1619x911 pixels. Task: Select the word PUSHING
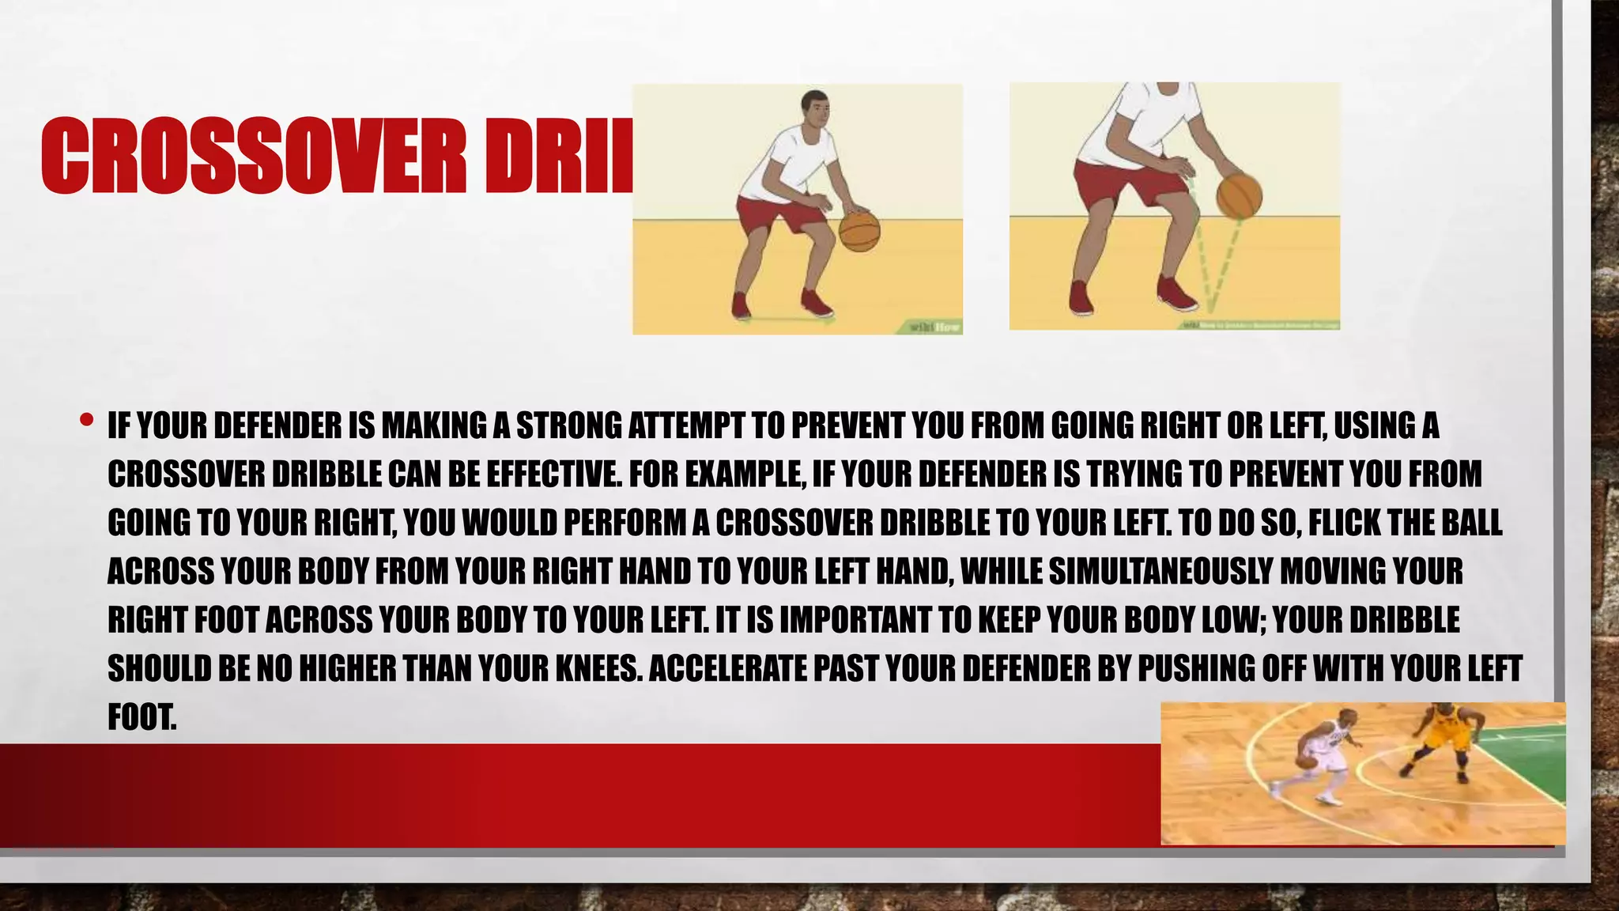point(1196,669)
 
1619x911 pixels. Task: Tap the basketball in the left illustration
point(859,230)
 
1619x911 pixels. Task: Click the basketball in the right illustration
point(1239,196)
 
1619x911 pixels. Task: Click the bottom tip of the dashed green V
point(1209,310)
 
